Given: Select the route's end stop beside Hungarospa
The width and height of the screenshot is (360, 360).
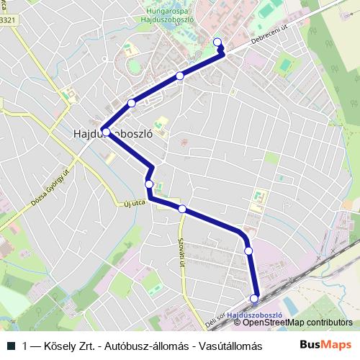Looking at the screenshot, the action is point(218,42).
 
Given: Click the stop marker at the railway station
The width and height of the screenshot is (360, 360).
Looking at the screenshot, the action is point(254,298).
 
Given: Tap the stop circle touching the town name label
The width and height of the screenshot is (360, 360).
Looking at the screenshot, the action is point(106,132).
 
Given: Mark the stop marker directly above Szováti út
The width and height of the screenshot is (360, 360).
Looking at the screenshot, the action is point(183,210).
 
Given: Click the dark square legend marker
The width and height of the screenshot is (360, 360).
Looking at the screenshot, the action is point(11,346).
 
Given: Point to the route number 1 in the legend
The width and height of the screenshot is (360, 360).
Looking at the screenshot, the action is point(25,346).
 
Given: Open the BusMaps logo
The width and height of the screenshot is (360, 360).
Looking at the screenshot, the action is point(325,346).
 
